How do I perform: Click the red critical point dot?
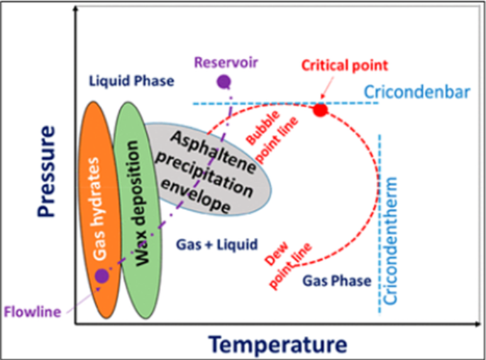tap(320, 110)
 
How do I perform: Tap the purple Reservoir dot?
tap(224, 82)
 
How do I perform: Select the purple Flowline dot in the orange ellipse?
tap(102, 275)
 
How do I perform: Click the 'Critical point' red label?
tap(345, 65)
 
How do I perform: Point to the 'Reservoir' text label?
tap(227, 62)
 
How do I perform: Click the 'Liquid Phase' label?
tap(132, 81)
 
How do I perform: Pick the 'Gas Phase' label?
tap(337, 281)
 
